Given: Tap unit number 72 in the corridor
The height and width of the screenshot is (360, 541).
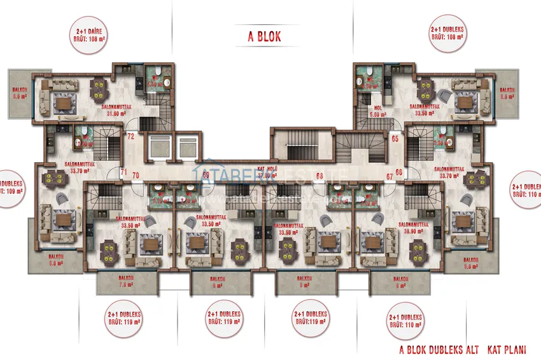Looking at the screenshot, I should pos(130,136).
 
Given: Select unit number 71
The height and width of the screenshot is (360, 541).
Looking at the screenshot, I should pos(124,172).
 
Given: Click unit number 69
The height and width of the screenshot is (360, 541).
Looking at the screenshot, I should pos(206,175).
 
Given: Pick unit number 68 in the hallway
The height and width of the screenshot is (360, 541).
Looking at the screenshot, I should pos(320,175).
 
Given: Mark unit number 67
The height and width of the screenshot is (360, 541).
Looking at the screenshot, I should pos(389,176).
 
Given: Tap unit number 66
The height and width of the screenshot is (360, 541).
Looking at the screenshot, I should pos(400,172).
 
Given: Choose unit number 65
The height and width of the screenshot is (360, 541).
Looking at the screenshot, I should pos(395,137).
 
